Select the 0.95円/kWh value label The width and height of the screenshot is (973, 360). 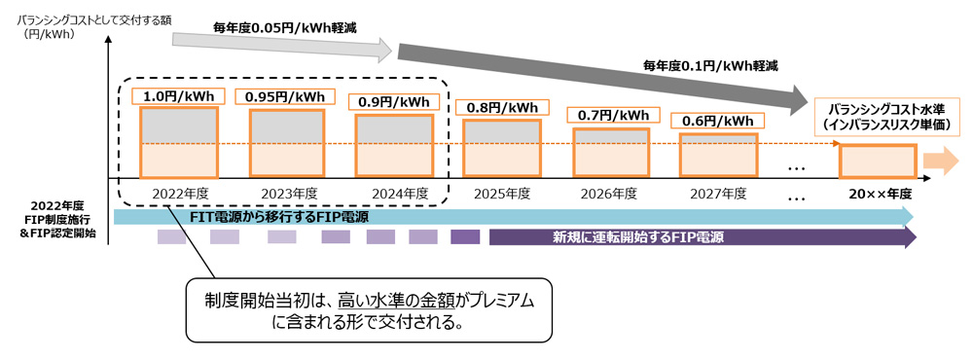click(285, 97)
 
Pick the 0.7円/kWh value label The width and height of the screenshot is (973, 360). click(609, 115)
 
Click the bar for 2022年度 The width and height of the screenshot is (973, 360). click(179, 143)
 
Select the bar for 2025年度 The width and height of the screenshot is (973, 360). click(502, 148)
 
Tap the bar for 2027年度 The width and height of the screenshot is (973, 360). click(719, 155)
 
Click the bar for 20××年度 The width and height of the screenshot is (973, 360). click(877, 162)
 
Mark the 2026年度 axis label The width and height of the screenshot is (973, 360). click(609, 194)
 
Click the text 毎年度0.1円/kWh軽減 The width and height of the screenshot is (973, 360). click(710, 64)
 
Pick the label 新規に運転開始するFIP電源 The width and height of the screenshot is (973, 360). click(639, 237)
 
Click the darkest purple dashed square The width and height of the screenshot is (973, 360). click(465, 237)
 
